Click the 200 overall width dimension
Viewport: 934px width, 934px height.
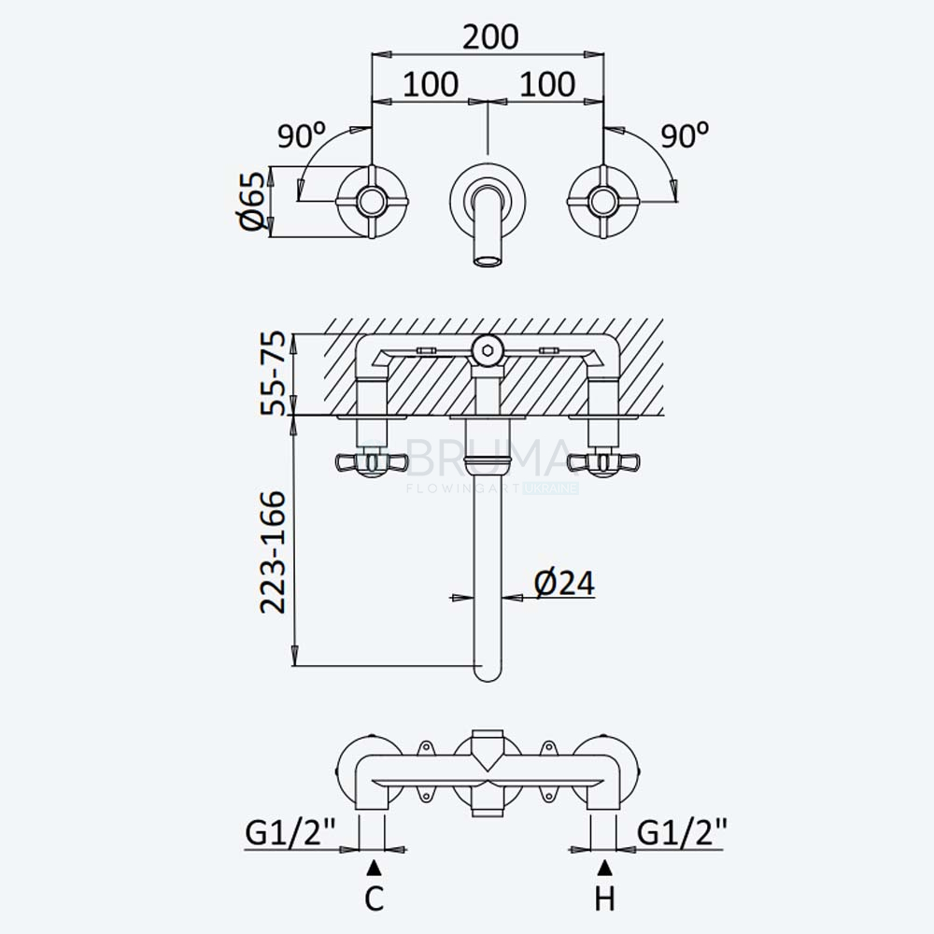tap(490, 37)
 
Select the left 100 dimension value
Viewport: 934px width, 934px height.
tap(431, 84)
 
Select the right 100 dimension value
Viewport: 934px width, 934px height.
tap(547, 84)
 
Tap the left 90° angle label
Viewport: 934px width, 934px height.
tap(302, 135)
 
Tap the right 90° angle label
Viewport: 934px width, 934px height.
tap(685, 135)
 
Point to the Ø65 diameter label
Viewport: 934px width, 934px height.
tap(251, 201)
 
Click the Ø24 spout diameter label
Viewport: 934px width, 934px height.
tap(564, 583)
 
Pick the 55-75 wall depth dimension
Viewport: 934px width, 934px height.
tap(275, 374)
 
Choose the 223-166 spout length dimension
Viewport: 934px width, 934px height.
tap(274, 552)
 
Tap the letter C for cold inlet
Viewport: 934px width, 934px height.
tap(374, 899)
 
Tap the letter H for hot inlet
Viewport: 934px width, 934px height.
tap(604, 899)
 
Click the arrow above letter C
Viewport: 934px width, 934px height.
tap(374, 868)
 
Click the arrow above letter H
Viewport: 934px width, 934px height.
tap(604, 868)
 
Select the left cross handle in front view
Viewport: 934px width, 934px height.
tap(373, 202)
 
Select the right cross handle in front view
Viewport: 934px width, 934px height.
tap(603, 202)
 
